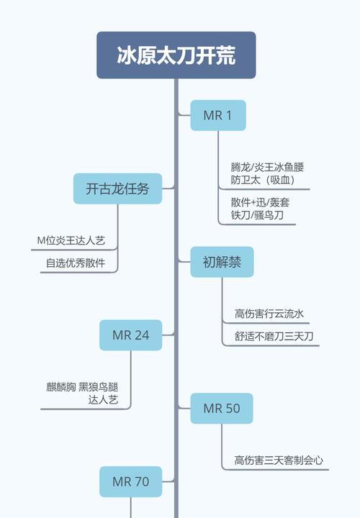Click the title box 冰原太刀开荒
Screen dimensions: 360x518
tap(176, 55)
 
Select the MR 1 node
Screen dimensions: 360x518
tap(218, 115)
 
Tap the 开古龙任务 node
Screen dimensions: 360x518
tap(117, 188)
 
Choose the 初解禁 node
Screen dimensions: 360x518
tap(222, 262)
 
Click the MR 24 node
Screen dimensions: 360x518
tap(131, 335)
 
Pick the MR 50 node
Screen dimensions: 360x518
tap(222, 409)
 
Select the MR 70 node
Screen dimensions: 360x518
tap(131, 481)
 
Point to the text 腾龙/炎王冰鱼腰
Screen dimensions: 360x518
tap(267, 168)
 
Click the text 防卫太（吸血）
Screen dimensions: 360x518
tap(264, 180)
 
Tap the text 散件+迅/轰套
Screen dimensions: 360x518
tap(260, 202)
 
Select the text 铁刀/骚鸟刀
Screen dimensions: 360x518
tap(257, 215)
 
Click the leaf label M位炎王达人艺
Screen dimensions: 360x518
tap(71, 240)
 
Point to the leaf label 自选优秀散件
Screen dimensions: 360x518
tap(76, 263)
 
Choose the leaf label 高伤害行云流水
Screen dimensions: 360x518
tap(269, 314)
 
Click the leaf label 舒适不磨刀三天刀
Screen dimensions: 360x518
tap(274, 336)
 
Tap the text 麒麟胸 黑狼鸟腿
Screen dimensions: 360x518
tap(82, 387)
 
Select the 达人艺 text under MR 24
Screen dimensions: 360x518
tap(103, 400)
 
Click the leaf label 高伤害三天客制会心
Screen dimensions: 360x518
tap(279, 460)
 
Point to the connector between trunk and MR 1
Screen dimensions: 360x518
tap(184, 114)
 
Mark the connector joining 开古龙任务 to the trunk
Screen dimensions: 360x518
tap(168, 188)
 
